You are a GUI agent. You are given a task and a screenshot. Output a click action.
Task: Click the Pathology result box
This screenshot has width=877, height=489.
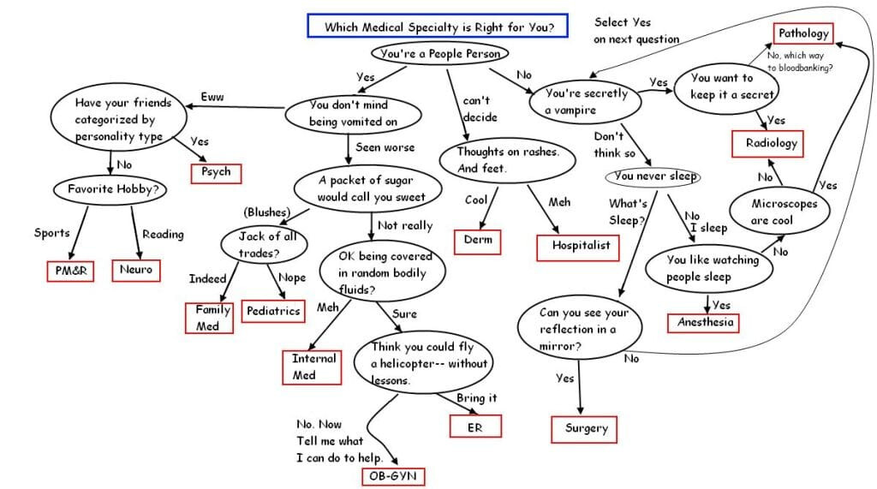tap(803, 33)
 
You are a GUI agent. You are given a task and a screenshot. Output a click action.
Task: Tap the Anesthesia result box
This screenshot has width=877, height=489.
tap(703, 323)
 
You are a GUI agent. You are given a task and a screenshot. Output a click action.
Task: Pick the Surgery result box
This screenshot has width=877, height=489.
tap(584, 429)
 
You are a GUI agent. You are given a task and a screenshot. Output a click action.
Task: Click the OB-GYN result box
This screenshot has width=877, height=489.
tap(393, 476)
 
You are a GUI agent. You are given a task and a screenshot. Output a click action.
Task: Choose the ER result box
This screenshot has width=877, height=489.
tap(475, 426)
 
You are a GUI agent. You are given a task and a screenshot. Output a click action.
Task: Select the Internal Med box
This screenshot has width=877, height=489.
tap(312, 367)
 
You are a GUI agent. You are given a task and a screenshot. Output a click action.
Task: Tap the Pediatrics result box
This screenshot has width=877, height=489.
tap(273, 311)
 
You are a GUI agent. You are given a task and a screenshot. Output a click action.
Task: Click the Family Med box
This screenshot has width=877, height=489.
tap(209, 318)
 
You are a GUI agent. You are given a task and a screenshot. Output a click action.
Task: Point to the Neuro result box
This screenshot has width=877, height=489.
tap(136, 271)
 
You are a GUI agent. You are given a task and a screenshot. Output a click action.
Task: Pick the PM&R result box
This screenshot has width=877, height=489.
tap(70, 271)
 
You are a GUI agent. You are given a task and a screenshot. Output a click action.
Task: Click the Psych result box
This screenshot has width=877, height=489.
tap(216, 173)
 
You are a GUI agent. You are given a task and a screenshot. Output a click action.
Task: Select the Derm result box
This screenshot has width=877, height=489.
tap(477, 242)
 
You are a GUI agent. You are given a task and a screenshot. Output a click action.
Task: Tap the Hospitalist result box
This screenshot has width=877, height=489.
tap(578, 247)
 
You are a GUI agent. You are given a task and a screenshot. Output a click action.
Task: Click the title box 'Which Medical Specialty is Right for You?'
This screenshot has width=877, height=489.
tap(438, 26)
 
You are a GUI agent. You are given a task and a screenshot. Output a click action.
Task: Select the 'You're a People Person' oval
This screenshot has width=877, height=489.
tap(439, 54)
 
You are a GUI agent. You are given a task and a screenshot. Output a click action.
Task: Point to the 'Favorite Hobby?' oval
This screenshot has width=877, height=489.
tap(110, 189)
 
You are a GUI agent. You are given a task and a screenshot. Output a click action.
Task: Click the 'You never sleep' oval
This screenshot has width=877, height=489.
tap(653, 176)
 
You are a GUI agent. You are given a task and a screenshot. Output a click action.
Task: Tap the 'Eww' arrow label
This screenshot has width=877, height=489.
tap(212, 97)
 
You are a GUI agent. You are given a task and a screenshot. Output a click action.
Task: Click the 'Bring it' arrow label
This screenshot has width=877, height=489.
tap(476, 398)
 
